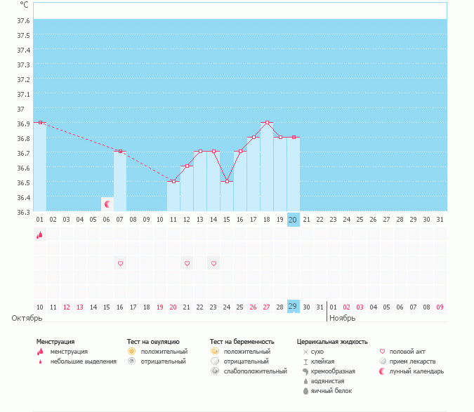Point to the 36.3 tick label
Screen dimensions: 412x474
click(x=23, y=212)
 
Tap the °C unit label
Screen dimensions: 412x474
click(x=25, y=5)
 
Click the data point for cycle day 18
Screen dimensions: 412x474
click(x=267, y=123)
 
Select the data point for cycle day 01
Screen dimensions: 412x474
click(x=40, y=123)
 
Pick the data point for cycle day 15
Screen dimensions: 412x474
click(x=227, y=181)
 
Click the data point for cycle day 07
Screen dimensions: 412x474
click(x=120, y=152)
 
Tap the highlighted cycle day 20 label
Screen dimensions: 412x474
click(x=294, y=220)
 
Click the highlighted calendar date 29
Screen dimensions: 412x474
click(x=294, y=306)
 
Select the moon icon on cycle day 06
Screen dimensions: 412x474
click(x=107, y=204)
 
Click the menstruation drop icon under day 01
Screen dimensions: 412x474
click(x=39, y=235)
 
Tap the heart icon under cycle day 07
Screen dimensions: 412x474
click(x=120, y=263)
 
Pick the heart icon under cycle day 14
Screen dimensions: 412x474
click(x=213, y=263)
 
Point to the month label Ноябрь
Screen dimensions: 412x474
click(x=343, y=318)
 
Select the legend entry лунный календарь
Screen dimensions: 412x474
click(x=417, y=371)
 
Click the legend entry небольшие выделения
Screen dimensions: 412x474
click(x=84, y=361)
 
